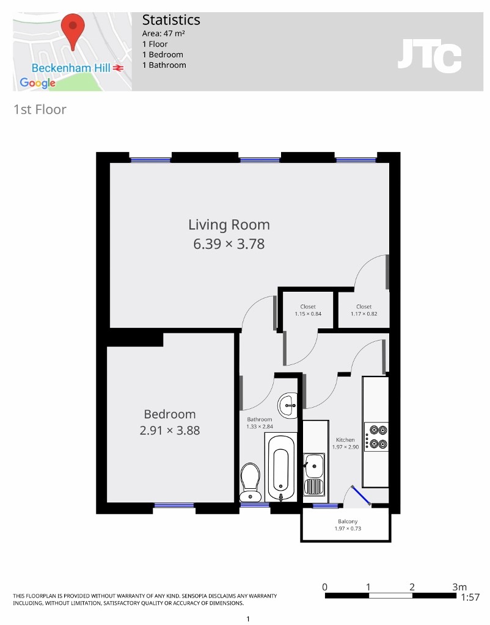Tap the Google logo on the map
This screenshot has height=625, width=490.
coord(37,82)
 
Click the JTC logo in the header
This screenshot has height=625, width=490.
coord(429,56)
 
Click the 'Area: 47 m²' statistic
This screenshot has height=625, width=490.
coord(164,34)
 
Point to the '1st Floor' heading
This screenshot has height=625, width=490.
coord(40,110)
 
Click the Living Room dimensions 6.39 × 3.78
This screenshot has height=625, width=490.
coord(229,244)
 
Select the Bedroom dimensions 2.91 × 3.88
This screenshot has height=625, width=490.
coord(169,430)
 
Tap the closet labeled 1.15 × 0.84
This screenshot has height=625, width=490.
coord(307,311)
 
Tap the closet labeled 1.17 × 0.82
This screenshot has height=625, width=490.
coord(364,311)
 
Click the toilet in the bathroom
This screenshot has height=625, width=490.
coord(250,481)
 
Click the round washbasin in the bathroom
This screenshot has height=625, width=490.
coord(288,403)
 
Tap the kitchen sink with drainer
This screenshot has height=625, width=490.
coord(315,474)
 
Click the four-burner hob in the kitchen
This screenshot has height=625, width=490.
coord(376,436)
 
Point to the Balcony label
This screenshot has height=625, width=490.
coord(348,525)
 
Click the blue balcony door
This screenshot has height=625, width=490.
coord(360,496)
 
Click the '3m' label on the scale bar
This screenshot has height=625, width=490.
coord(459,587)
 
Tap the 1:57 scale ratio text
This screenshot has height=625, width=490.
coord(470,598)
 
